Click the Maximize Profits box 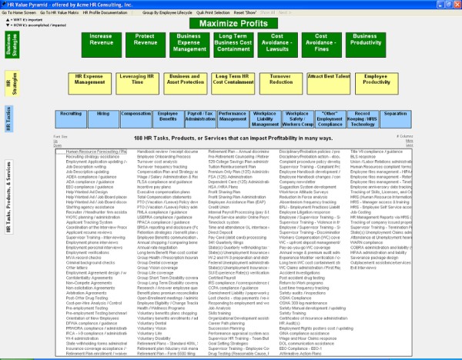coord(231,22)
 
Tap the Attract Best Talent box coord(328,78)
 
